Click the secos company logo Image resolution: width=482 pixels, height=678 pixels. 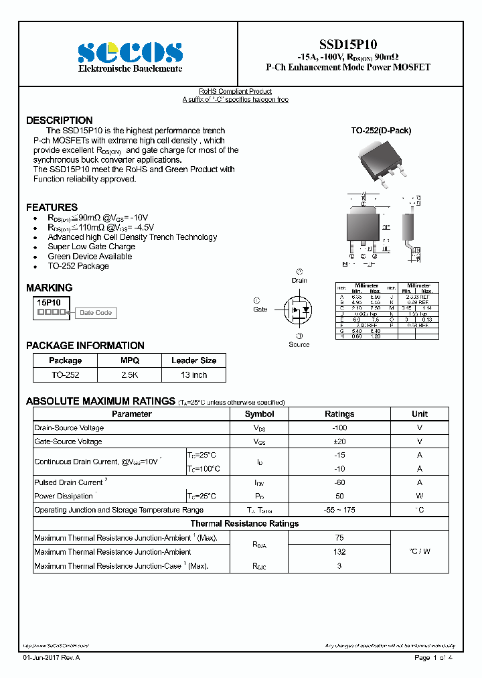130,52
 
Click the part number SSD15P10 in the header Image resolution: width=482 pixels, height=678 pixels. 347,44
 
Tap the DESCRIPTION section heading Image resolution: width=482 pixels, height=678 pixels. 59,121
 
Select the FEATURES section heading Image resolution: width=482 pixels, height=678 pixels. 52,208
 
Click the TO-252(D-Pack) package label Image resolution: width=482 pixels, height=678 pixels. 381,131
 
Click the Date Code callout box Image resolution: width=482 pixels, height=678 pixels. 95,313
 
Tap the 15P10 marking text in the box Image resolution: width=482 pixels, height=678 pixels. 49,303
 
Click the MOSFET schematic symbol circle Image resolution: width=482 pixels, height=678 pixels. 299,310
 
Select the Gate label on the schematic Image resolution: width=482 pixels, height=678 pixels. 260,309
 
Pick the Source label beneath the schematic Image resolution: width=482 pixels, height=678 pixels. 299,344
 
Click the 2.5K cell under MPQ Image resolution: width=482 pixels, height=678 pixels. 129,375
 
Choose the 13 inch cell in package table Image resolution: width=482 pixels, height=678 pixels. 193,375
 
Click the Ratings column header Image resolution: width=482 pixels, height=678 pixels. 339,414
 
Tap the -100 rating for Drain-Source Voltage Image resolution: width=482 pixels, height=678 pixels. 339,428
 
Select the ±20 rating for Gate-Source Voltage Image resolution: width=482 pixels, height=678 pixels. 339,442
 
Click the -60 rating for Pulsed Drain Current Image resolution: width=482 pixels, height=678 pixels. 339,482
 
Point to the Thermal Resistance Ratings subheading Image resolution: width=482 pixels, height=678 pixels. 244,524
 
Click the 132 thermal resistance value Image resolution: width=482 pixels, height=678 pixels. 339,552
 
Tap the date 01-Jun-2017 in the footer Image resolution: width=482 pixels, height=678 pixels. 42,658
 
